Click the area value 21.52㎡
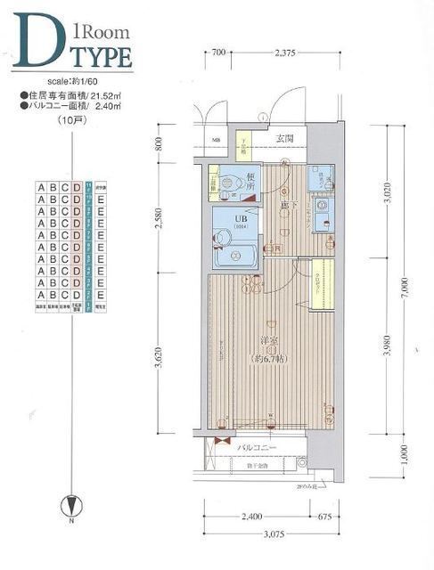104,94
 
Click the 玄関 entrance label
284,138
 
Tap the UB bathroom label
240,216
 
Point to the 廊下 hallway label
286,205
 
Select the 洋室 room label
267,339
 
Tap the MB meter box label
217,140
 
